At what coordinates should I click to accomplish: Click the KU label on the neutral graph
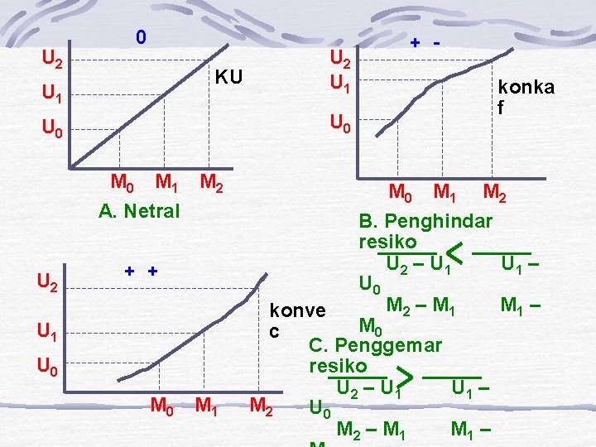tap(228, 78)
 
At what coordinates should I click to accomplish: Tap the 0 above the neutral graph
tap(142, 37)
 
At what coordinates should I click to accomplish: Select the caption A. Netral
tap(138, 211)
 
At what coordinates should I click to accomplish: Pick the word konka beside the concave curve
tap(526, 88)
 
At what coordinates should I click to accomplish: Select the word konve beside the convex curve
tap(297, 310)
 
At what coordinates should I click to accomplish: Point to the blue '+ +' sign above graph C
tap(142, 272)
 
